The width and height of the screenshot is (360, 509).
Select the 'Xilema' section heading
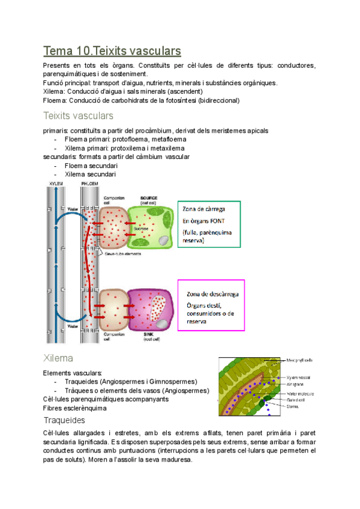click(x=58, y=358)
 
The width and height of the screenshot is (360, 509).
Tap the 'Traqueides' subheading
click(x=64, y=420)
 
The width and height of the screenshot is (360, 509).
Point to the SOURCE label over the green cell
click(x=149, y=197)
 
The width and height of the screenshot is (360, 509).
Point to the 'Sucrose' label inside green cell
click(x=141, y=229)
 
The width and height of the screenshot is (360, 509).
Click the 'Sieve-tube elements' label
click(x=123, y=254)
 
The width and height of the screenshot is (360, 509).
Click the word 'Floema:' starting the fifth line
click(x=55, y=100)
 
